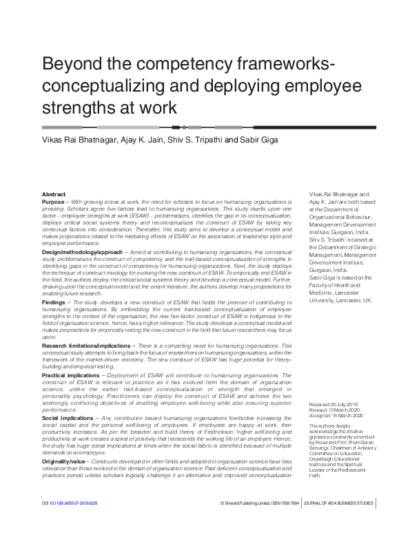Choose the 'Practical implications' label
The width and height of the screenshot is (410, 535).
(x=68, y=374)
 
